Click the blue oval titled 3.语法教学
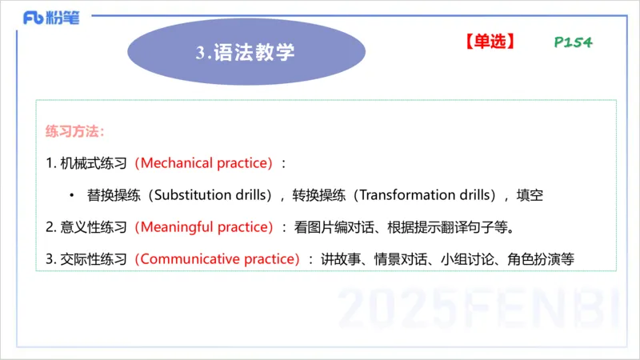(246, 52)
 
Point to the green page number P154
(573, 42)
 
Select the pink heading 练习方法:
(75, 131)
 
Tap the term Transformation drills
(418, 195)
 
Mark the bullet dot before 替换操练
(71, 196)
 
